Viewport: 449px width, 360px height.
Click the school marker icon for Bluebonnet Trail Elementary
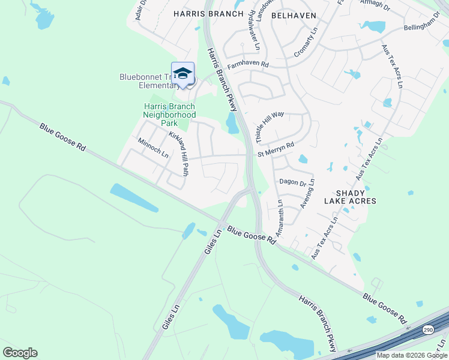pos(182,74)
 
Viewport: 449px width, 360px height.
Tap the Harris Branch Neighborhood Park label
pos(169,114)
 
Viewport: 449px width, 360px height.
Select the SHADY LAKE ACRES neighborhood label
pos(350,196)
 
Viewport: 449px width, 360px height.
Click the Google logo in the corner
pos(20,353)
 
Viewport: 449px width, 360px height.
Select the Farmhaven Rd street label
pos(247,64)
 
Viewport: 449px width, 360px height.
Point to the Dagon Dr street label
pos(292,181)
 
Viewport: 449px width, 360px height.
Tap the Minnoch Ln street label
pos(153,148)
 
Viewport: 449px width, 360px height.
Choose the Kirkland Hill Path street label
pos(179,154)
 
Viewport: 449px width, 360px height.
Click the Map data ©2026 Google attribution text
pos(412,355)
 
